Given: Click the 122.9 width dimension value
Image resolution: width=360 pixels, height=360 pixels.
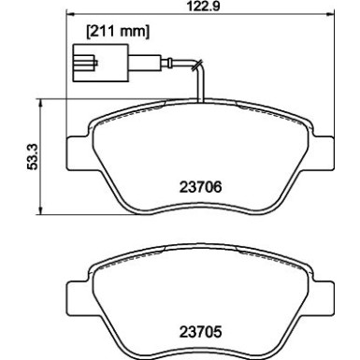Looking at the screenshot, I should click(200, 8).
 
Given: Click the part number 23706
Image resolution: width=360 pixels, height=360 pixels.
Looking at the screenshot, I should click(201, 185).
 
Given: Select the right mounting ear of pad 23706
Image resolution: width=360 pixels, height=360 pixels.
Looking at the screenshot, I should click(324, 149).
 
